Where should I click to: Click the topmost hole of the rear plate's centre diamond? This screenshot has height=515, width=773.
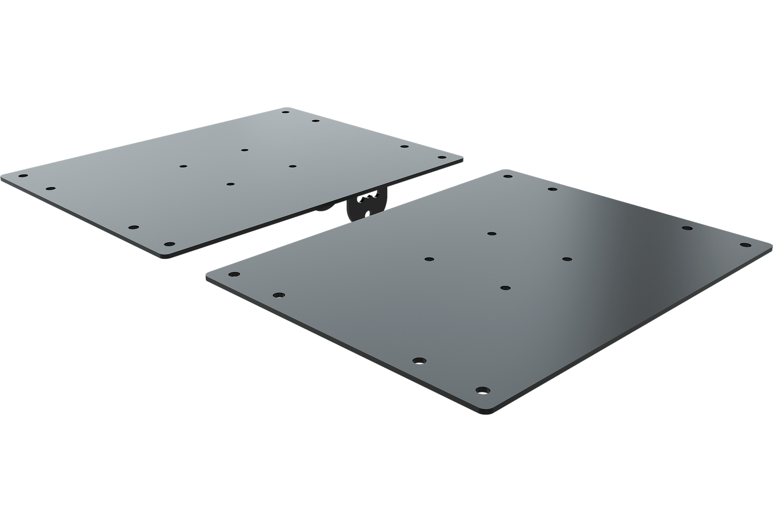[244, 150]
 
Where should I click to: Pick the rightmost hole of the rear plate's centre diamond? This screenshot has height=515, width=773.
[292, 166]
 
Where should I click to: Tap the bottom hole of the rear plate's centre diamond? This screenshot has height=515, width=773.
[230, 184]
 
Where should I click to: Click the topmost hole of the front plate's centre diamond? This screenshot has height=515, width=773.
[491, 234]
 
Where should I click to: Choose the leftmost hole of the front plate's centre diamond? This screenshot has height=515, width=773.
[428, 259]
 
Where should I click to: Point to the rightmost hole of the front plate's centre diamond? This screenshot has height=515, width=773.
[567, 259]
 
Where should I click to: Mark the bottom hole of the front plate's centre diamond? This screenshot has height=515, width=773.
[504, 288]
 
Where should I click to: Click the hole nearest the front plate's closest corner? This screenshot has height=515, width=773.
[483, 390]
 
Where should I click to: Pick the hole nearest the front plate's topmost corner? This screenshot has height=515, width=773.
[507, 175]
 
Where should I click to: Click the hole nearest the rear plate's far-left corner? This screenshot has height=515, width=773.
[22, 175]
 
